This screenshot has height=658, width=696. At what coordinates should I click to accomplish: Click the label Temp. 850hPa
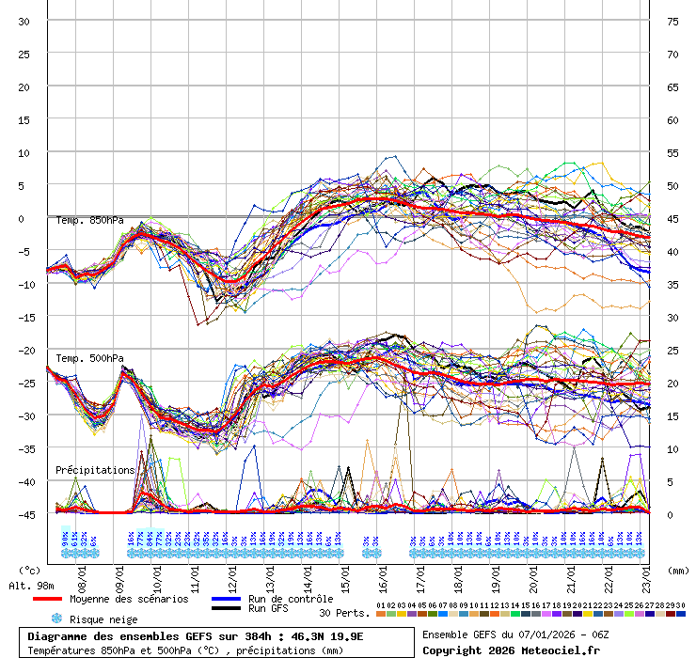coord(89,221)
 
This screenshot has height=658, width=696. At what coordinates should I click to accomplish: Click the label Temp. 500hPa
coord(89,358)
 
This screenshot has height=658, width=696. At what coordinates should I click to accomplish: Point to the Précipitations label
coord(95,469)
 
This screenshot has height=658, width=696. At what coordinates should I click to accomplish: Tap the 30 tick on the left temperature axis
coord(24,21)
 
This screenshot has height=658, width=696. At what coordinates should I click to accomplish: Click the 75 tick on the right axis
coord(672,21)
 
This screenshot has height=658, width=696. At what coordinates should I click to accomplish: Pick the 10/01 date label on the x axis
coord(158,572)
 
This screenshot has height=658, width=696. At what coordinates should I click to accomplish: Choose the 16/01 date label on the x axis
coord(384,572)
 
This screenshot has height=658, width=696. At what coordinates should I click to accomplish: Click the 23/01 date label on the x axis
coord(648,572)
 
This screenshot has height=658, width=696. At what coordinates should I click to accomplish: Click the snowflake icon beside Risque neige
coord(56,619)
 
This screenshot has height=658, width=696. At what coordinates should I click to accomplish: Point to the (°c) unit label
coord(30,570)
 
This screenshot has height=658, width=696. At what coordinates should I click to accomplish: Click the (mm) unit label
coord(677,570)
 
